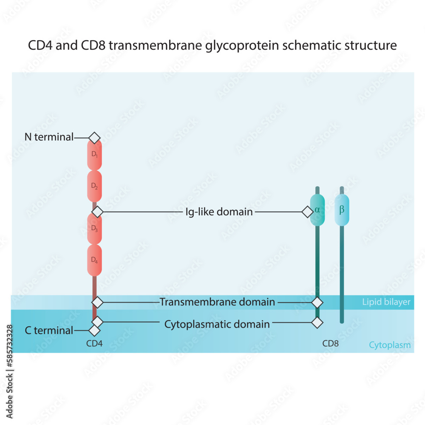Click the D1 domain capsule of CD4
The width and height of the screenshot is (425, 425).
pos(94,155)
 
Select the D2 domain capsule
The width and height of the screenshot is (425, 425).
pos(94,186)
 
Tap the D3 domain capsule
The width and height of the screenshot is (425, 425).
pos(94,228)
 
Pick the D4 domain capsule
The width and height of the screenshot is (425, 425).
pos(94,260)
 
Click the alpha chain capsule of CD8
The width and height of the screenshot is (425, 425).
pos(317,210)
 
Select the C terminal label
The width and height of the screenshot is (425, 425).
pos(49,330)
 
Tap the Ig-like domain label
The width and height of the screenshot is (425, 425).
pos(219,211)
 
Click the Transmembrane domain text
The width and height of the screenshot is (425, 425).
pos(217,302)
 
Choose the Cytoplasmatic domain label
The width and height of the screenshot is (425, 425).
pos(217,324)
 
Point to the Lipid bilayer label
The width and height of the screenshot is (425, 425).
pos(386,303)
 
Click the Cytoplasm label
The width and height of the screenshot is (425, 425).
pos(390,345)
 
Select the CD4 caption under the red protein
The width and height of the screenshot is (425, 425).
pos(94,343)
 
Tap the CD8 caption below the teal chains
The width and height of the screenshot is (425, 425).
pos(330,343)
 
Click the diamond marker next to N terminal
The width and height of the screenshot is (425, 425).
pos(94,137)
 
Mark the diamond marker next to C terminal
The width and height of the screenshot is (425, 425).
pos(94,330)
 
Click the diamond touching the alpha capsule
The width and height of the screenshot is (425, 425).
pos(307,211)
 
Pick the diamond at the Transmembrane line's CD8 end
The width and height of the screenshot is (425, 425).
pos(317,302)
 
